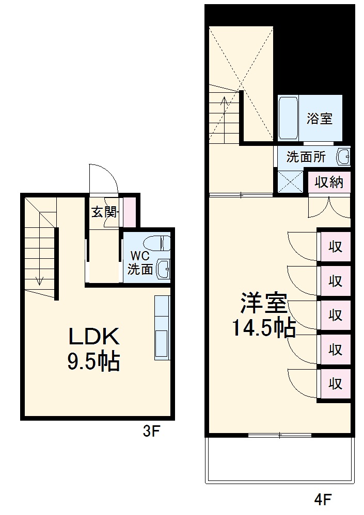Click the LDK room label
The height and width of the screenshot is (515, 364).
(94, 336)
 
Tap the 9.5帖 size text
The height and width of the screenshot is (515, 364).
(94, 361)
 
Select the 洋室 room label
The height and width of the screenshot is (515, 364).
(264, 303)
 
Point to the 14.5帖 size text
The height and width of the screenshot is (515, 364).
(264, 327)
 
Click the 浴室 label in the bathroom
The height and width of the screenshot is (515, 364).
(319, 119)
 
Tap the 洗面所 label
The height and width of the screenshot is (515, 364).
(306, 157)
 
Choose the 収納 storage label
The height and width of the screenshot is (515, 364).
(329, 182)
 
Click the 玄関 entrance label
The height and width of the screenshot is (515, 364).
(105, 212)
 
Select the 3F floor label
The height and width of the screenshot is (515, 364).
(152, 431)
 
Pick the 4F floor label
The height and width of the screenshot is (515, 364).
(323, 500)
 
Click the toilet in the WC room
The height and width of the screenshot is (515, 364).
(156, 243)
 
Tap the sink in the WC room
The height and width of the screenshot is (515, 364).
(163, 269)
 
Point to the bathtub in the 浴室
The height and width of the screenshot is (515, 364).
(289, 118)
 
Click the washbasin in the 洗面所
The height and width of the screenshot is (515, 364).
(343, 157)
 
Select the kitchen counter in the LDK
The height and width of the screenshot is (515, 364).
(162, 328)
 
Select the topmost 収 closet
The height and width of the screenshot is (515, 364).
(335, 246)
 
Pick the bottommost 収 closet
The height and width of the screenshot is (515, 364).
(335, 384)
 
